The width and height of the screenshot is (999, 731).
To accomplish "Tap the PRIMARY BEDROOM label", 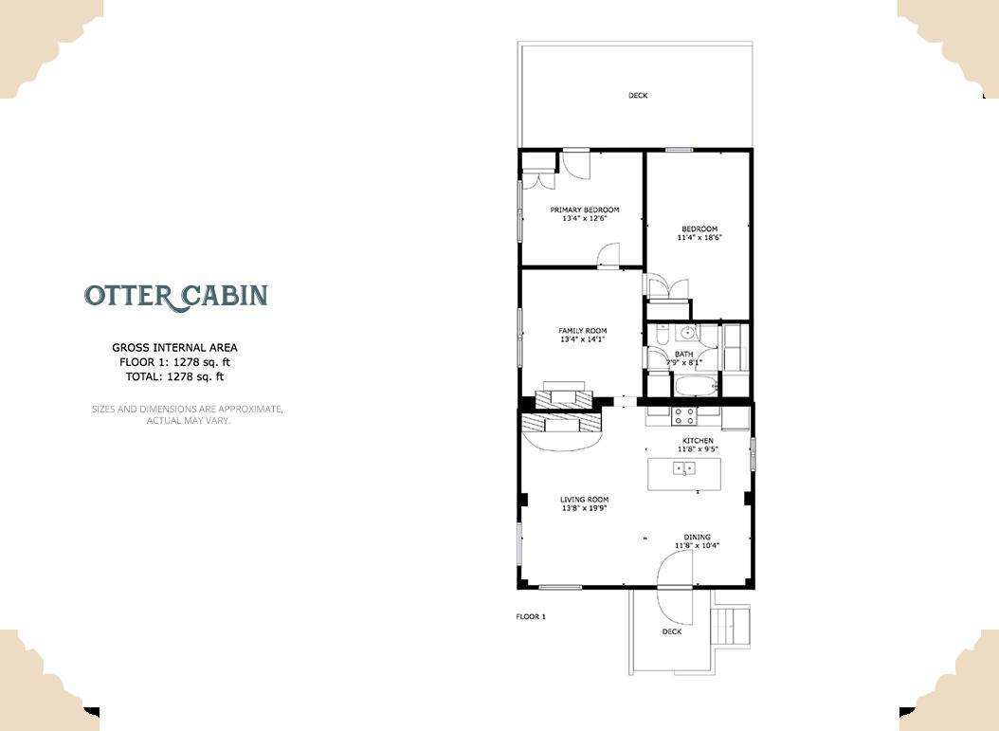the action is (584, 210).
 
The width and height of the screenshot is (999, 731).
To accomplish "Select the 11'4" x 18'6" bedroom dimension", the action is (699, 238).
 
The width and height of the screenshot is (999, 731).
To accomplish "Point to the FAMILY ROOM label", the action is (582, 331).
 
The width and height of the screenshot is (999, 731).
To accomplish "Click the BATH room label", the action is (683, 354).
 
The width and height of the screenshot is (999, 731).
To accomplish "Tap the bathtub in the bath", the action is (695, 386).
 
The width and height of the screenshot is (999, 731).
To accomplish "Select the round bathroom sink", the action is (687, 333).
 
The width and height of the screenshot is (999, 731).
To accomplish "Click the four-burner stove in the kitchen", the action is (683, 416).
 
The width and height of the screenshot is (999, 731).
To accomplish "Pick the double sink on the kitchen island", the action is (684, 469).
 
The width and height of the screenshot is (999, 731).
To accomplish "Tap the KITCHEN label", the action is (698, 440).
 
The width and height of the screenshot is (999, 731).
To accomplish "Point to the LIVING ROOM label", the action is (584, 500).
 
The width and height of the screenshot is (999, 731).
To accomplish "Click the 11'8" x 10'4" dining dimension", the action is (697, 545).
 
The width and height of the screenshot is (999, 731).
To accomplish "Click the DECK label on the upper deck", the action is (638, 96).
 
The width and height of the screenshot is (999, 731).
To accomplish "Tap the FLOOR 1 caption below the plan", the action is (531, 616).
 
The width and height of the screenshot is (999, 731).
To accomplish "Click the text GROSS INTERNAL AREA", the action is (174, 348).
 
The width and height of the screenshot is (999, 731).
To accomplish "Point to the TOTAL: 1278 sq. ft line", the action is (174, 376).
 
